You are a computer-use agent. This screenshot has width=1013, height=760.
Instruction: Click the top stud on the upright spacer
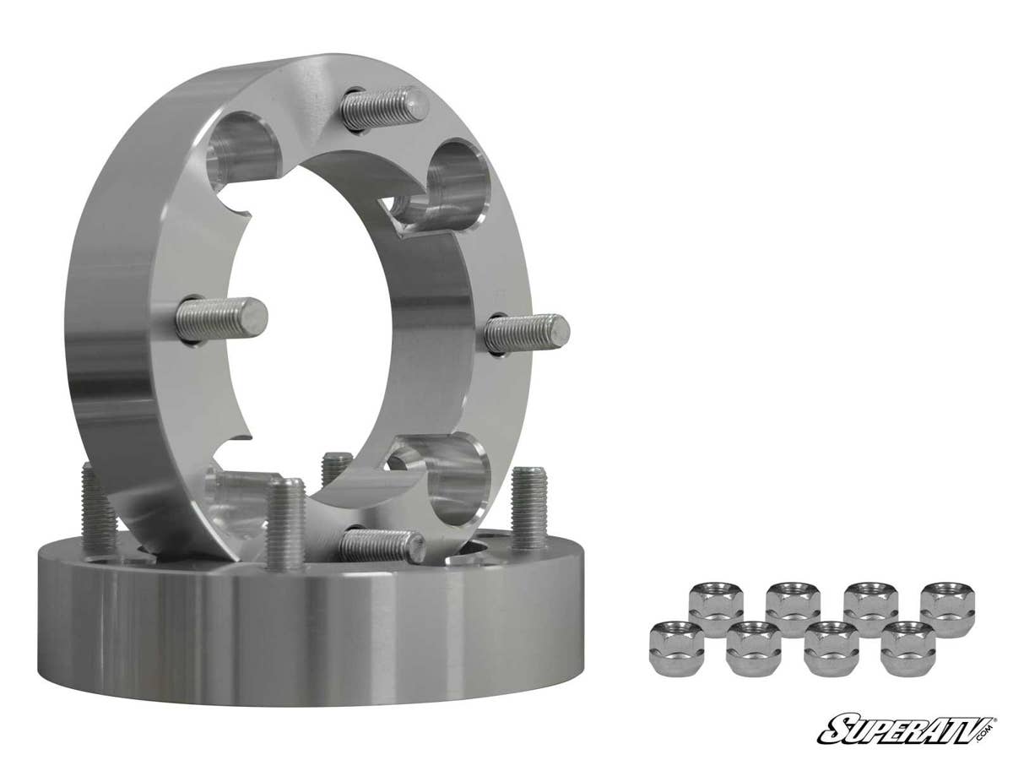point(384,109)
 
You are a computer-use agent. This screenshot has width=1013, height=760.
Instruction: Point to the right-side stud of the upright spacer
point(527,333)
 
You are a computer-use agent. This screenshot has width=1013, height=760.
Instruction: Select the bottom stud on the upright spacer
point(382,545)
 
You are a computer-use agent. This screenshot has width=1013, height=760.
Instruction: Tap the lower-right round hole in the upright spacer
point(457,478)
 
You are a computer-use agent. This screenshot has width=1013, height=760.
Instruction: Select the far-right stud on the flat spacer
point(528,508)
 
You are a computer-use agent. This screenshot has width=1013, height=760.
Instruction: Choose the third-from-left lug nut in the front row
point(831,648)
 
